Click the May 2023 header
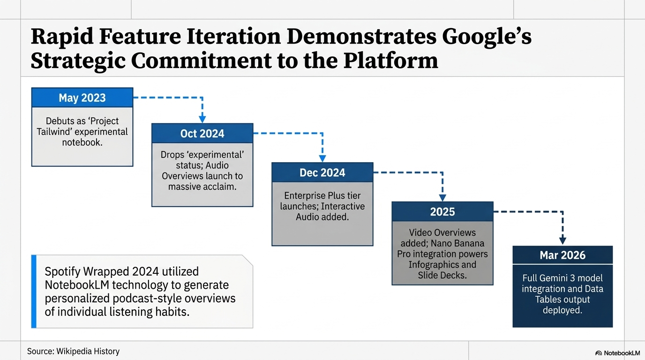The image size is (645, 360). click(82, 97)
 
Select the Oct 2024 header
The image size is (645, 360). click(202, 133)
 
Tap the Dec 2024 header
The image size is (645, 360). click(322, 172)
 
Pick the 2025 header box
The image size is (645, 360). click(442, 212)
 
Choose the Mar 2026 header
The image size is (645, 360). click(562, 255)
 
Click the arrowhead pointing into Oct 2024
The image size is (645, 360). click(202, 119)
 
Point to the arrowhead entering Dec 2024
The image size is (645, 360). click(322, 158)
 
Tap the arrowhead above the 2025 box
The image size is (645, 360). click(442, 197)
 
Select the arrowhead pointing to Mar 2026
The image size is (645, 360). click(562, 241)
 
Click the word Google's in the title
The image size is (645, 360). click(487, 37)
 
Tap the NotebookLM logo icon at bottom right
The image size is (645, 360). click(599, 353)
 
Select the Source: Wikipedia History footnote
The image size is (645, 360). click(73, 352)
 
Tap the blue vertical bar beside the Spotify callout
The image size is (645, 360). click(34, 292)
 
